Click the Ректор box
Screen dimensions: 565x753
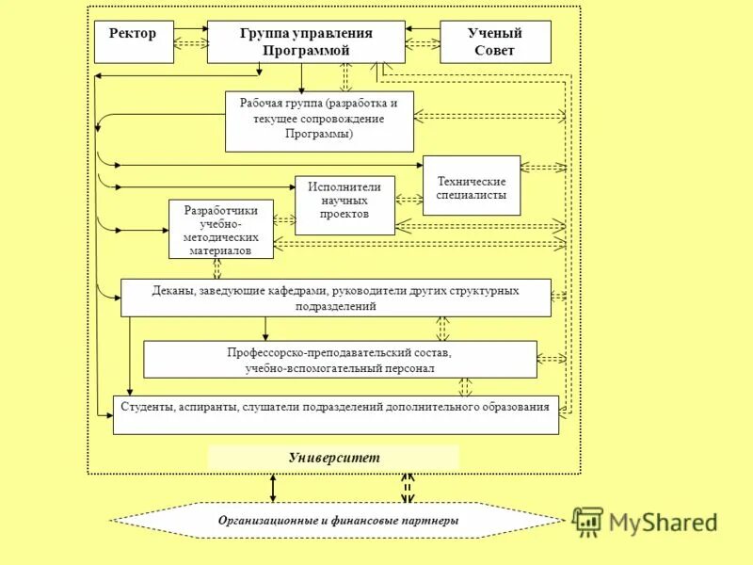[135, 41]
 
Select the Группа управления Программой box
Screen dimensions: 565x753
[306, 41]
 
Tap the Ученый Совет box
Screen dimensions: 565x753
[495, 41]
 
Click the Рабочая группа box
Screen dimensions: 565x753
[319, 121]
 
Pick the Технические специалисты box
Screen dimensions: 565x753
[472, 186]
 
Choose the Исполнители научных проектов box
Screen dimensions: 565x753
[344, 204]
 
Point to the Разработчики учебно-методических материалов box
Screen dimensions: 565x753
[221, 229]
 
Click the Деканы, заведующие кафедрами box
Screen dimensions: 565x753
[336, 298]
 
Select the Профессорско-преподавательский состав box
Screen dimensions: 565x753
[340, 360]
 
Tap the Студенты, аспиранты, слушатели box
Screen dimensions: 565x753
[336, 415]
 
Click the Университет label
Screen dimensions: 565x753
[334, 457]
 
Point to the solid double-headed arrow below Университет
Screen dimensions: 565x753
[274, 488]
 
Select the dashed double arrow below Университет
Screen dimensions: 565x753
[408, 488]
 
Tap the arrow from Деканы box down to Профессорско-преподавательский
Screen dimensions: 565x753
[266, 328]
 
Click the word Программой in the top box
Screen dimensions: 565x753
[305, 50]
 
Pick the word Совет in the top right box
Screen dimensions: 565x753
[495, 51]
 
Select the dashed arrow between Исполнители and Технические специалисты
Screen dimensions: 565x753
[409, 200]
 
